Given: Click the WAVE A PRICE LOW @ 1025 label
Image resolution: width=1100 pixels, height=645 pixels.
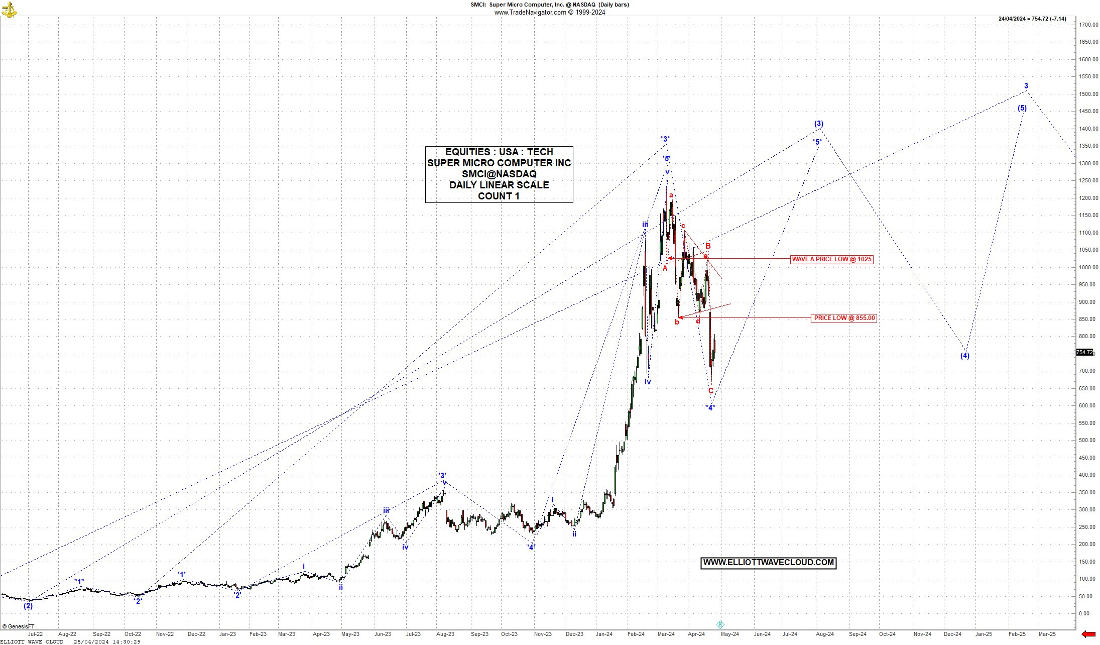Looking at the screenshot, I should pos(831,259).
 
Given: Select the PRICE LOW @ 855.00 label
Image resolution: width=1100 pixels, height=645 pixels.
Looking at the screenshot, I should pos(844,318).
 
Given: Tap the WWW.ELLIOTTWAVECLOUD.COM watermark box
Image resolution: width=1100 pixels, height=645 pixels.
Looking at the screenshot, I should pos(768,563).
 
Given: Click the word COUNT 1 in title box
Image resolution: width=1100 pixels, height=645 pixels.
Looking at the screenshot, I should pos(499,196).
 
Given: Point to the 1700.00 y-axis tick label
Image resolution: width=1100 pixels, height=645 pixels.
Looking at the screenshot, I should pos(1087,25).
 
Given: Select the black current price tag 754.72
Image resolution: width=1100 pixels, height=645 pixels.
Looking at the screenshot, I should pos(1084,353).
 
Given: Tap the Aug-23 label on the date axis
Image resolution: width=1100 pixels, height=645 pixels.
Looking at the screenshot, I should pos(445,634).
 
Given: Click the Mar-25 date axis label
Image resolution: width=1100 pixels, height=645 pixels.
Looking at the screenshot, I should pos(1047,634).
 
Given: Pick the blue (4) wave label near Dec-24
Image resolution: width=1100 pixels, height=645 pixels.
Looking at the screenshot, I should pos(964,356).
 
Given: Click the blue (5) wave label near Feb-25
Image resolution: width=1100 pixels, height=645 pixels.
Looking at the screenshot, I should pos(1022,108).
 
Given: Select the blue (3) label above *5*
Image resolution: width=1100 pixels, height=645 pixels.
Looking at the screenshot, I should pos(818,124).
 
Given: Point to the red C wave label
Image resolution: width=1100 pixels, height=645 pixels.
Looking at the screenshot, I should pos(710,391).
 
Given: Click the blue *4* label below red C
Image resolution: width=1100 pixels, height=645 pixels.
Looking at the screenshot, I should pos(710,408).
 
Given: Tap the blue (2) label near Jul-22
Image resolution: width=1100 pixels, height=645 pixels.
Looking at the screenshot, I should pos(28,606).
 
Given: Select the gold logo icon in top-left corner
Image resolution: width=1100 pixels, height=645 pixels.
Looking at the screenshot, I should pos(9,9).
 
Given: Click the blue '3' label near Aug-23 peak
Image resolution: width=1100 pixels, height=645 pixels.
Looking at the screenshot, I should pos(442,475).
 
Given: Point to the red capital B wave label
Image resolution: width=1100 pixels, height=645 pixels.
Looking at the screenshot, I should pos(708,246).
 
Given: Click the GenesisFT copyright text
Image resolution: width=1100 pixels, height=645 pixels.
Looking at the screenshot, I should pos(18,626).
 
